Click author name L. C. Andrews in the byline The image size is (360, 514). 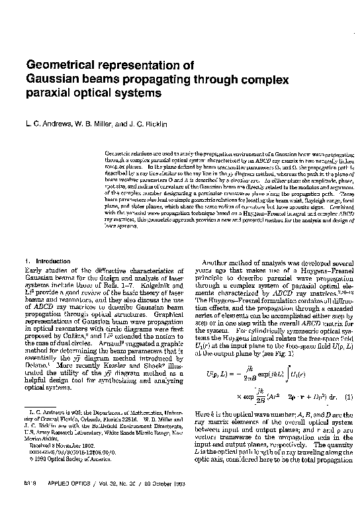click(x=47, y=124)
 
